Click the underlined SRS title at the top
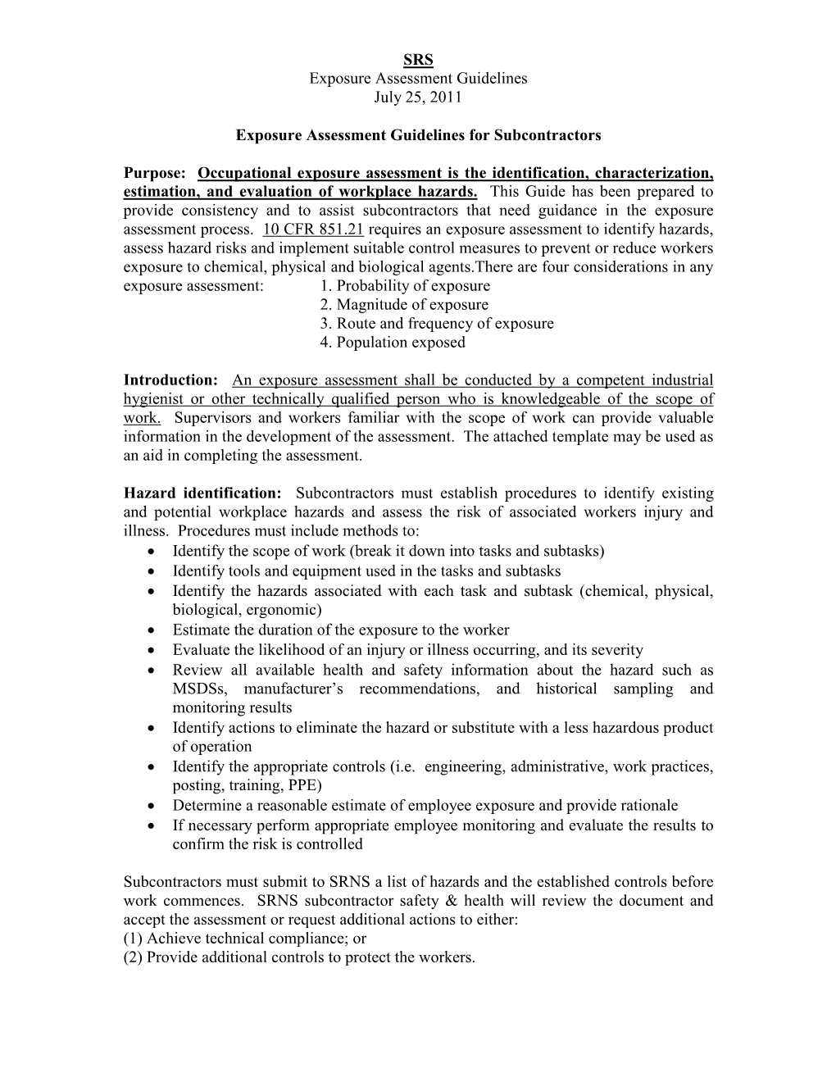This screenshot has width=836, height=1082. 418,59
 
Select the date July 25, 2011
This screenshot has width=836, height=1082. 418,97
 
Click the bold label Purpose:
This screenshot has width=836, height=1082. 156,173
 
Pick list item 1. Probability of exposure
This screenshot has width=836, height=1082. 405,286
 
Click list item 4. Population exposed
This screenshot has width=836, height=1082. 393,343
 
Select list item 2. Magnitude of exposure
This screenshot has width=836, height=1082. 404,305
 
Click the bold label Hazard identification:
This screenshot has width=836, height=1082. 202,493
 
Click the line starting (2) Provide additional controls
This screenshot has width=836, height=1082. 299,957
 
